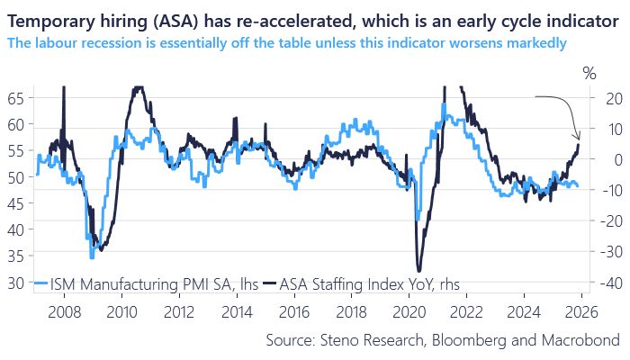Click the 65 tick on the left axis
14,98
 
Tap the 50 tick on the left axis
14,177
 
